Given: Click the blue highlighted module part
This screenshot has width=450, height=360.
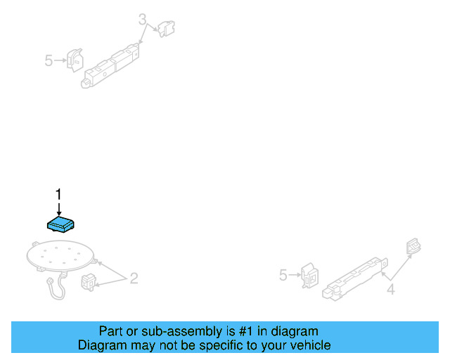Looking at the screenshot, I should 62,224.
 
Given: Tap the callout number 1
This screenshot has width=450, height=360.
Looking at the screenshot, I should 59,194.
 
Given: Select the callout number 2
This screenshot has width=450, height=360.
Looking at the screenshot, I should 134,279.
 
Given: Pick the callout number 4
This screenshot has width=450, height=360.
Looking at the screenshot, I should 391,288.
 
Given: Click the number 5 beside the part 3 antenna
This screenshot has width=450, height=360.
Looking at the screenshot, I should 49,61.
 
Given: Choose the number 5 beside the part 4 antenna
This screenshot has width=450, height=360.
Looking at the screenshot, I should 283,275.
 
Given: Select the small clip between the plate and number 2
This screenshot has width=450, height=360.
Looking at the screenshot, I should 90,281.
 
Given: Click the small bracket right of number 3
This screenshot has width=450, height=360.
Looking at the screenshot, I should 167,28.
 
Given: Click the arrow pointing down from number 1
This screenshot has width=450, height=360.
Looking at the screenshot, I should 59,209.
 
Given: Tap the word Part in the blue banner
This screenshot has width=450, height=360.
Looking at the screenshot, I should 111,331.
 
